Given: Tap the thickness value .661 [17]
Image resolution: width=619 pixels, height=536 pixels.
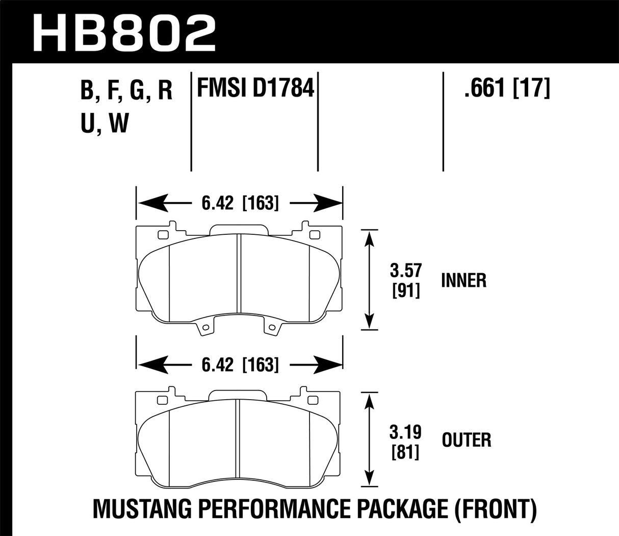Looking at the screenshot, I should coord(506,90).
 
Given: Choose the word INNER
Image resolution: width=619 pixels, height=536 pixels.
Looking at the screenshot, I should coord(463,280).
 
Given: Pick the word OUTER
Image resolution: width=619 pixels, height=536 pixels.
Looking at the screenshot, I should coord(466,440).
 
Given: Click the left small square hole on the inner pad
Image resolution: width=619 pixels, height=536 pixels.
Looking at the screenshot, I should coord(163,235).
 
